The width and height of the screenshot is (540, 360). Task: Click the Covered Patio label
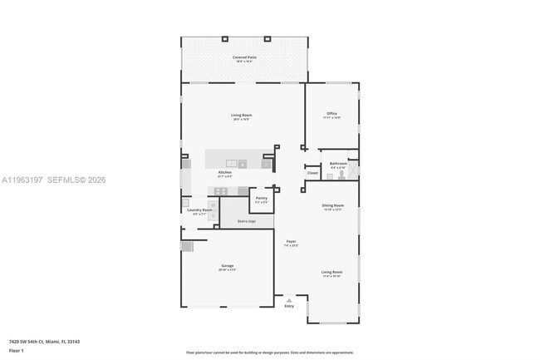coord(244,57)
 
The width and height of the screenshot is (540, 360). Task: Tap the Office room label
coord(331,113)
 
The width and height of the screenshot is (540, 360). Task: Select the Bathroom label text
coord(337,163)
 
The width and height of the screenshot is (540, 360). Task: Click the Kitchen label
coord(224,172)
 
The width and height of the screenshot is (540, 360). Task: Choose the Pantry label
coord(261,198)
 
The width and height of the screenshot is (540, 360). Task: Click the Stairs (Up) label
coord(246,221)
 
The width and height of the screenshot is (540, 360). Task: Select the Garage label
coord(227,267)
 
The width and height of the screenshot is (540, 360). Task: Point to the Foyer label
coord(291,241)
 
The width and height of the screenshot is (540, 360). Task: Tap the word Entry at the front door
coord(289,306)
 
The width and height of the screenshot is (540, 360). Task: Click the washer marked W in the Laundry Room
coord(187,202)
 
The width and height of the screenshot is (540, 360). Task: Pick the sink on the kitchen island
coord(231,163)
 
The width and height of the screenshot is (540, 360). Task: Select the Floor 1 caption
coord(16,351)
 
